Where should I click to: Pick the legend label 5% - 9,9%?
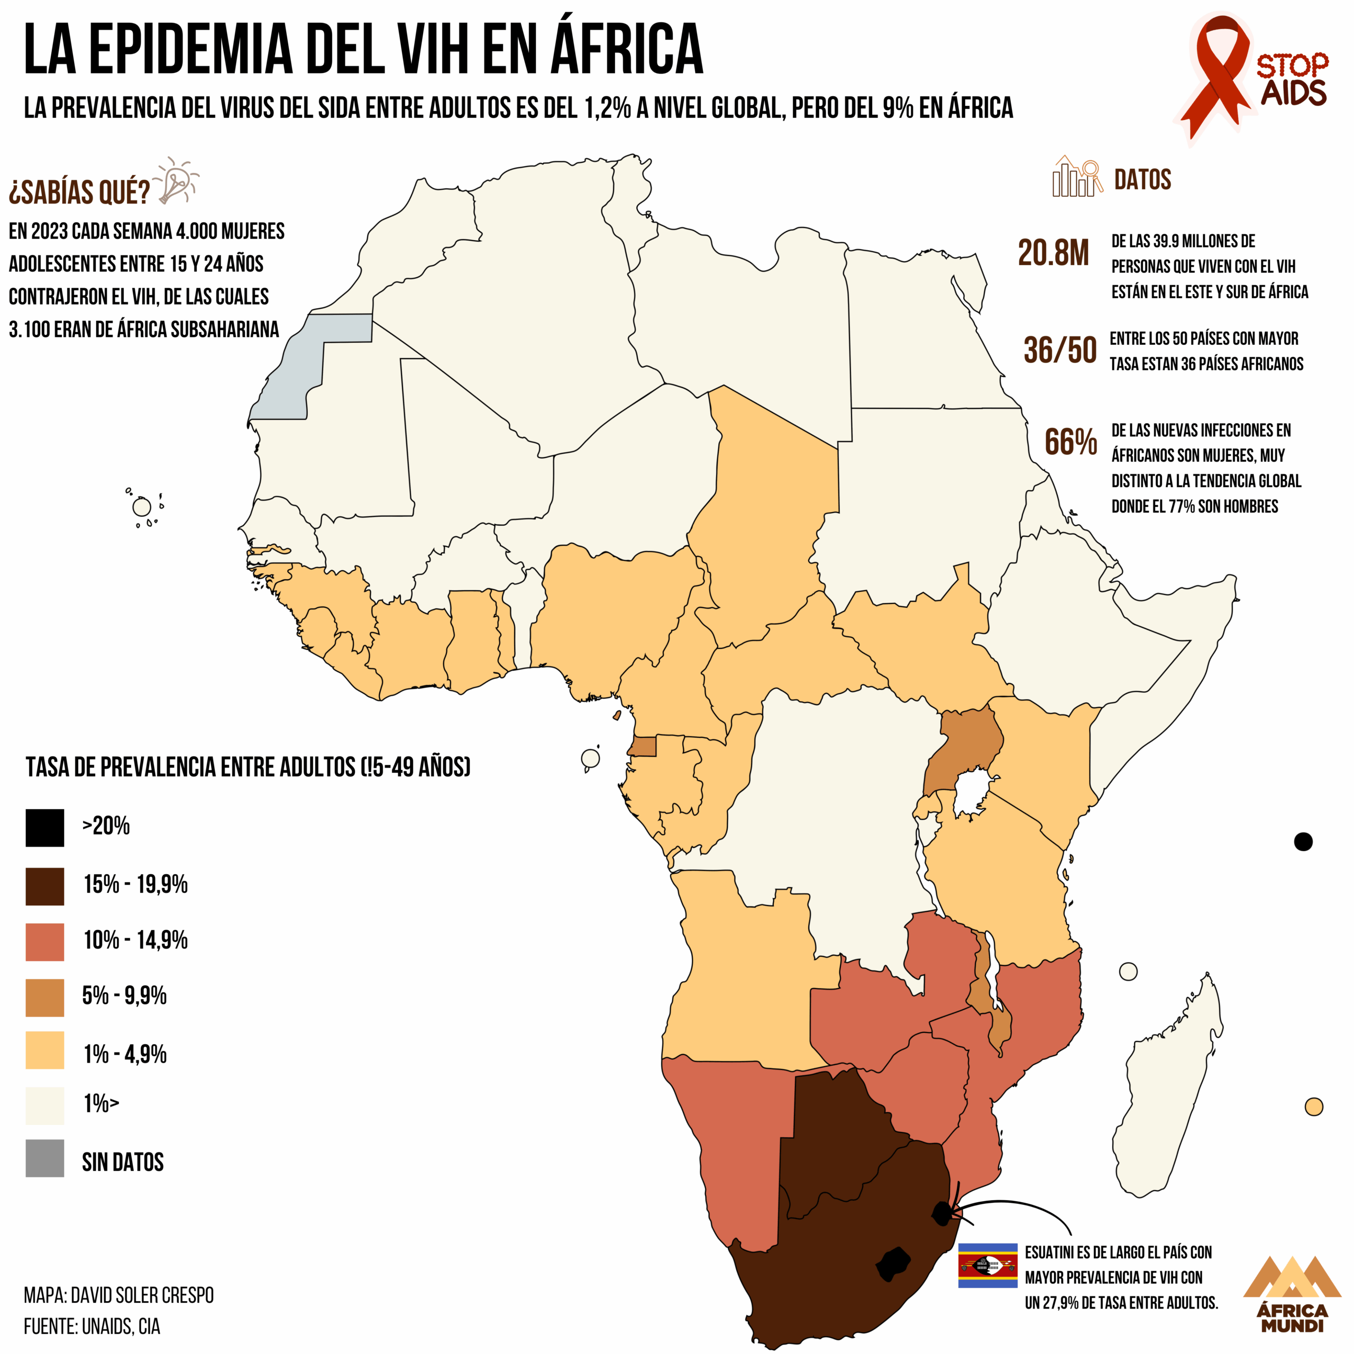124,996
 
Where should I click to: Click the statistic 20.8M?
1054,254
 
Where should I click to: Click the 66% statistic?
1070,442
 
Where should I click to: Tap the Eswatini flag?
987,1265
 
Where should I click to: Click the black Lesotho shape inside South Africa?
893,1264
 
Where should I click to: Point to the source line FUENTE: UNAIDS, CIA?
92,1326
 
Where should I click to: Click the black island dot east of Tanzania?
1303,841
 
